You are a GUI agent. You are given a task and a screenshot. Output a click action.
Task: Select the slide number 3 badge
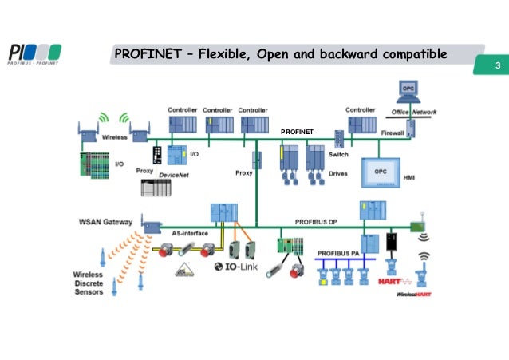tap(496, 65)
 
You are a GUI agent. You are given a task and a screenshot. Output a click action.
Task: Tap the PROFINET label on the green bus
tap(298, 130)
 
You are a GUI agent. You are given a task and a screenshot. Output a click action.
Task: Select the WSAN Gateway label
tap(105, 220)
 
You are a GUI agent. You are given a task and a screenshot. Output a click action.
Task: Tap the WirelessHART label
tap(414, 294)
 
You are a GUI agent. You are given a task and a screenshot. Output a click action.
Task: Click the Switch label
tap(338, 155)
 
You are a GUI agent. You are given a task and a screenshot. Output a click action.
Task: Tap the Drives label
tap(338, 172)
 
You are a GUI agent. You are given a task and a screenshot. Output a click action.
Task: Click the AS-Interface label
tap(190, 232)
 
